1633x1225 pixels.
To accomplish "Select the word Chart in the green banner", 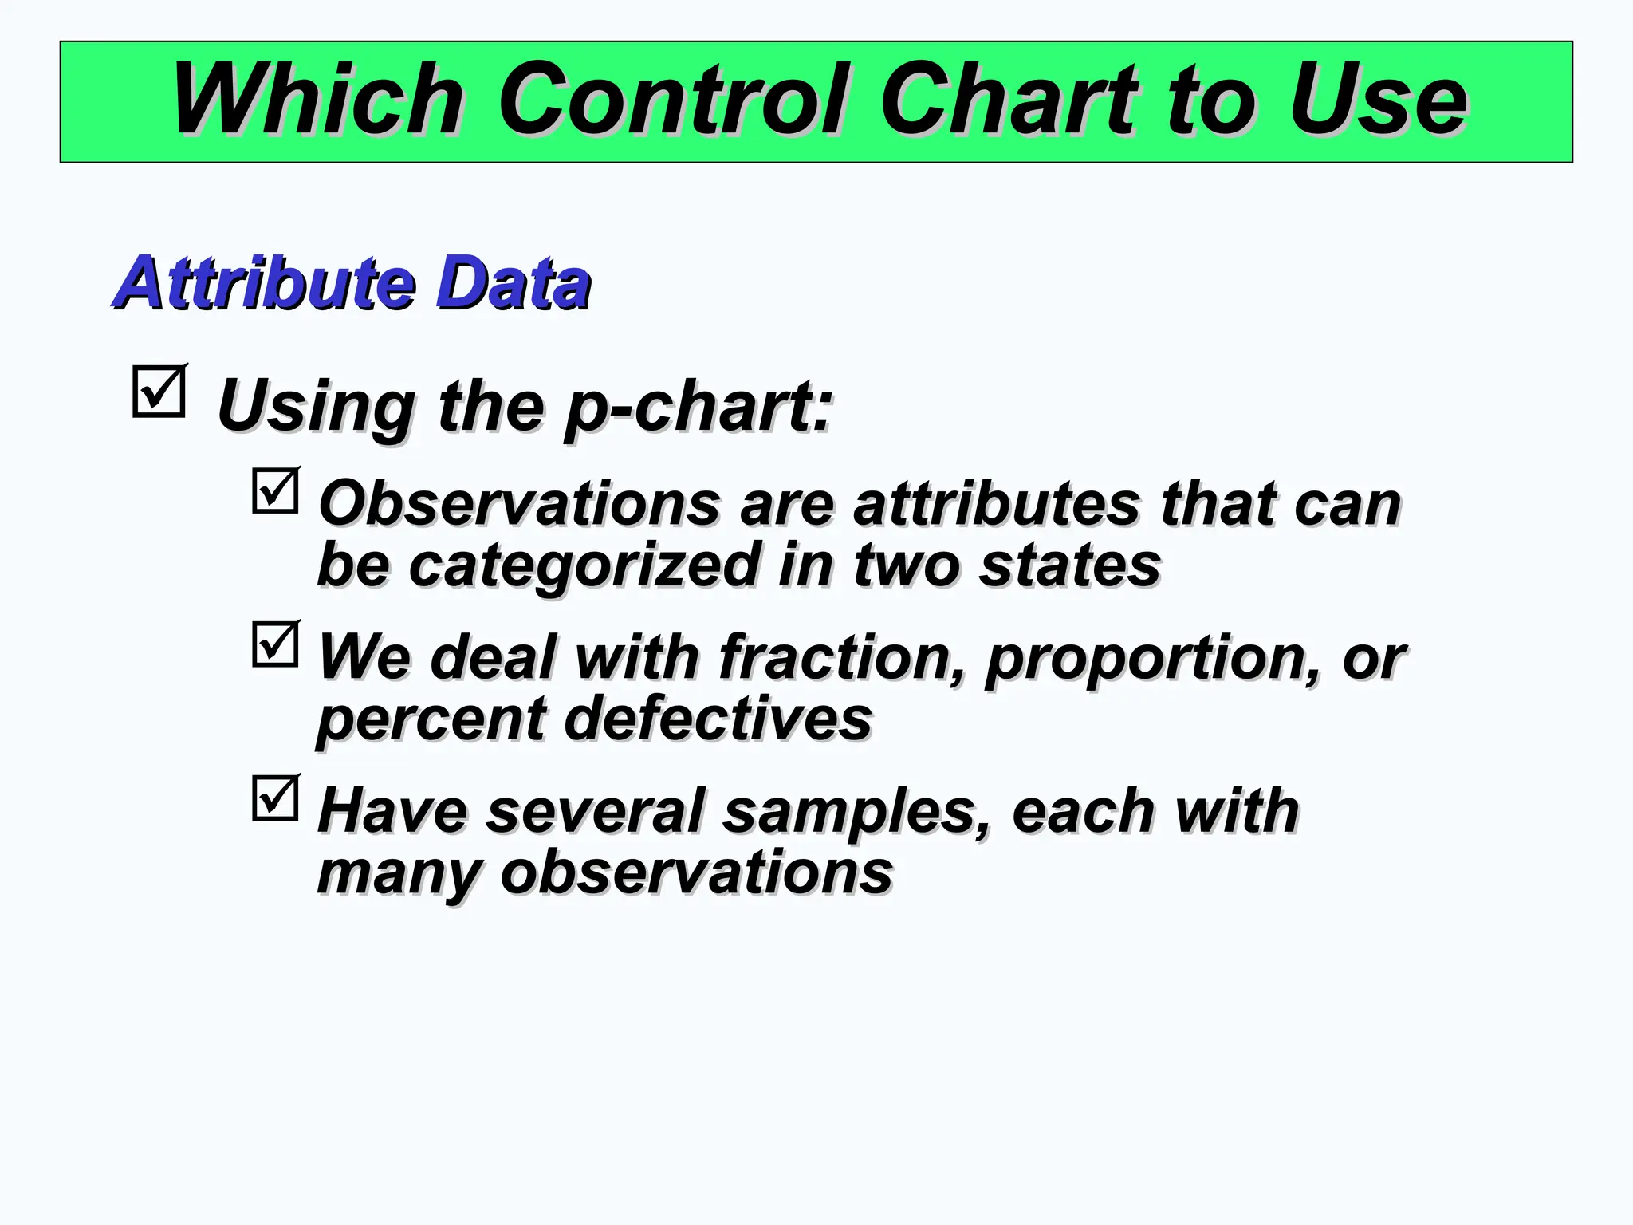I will [x=1008, y=100].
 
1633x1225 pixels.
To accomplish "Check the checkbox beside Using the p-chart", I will [x=159, y=392].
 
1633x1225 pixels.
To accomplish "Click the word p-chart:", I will [x=698, y=407].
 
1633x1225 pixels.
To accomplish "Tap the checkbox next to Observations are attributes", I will [x=275, y=490].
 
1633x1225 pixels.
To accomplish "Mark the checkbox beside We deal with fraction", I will [x=275, y=644].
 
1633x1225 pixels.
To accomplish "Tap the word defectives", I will [x=718, y=718].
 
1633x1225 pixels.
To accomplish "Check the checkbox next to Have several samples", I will [x=275, y=798].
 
